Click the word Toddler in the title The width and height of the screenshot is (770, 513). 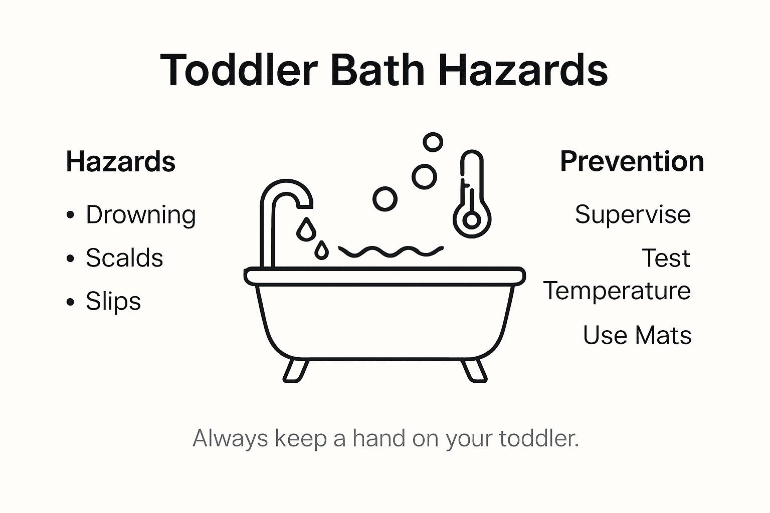coord(239,70)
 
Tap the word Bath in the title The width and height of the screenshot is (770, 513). coord(377,70)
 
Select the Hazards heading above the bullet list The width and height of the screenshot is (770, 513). coord(121,162)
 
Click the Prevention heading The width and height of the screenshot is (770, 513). coord(632,162)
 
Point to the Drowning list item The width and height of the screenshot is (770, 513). coord(140,215)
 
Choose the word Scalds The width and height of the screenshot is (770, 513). coord(124,258)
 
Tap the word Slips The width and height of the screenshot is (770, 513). coord(113,302)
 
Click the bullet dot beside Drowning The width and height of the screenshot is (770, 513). coord(71,215)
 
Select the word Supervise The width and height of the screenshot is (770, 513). coord(633,215)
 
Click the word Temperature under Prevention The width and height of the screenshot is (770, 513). coord(617,291)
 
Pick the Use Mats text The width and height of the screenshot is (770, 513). coord(637,335)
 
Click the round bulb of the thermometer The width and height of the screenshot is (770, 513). coord(471,220)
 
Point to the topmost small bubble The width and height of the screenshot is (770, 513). coord(433,142)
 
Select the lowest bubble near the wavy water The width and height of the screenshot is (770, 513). coord(385,199)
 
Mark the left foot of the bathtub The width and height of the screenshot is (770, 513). coord(295,371)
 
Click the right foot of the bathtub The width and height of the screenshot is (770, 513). coord(474,371)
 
